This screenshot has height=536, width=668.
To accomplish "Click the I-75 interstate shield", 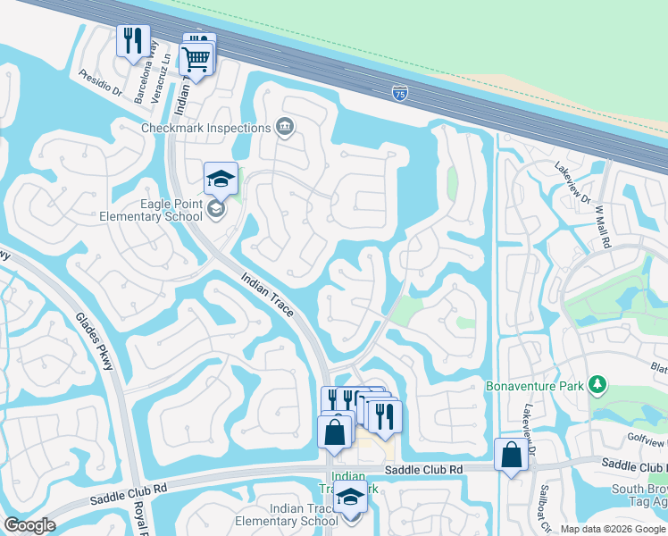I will click(401, 92).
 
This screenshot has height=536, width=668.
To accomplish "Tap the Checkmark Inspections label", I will click(205, 128).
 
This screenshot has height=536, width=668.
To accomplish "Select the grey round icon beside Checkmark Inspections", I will click(285, 127).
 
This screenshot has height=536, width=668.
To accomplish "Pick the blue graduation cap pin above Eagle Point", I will click(221, 179).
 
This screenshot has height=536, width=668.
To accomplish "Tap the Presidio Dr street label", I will click(100, 83).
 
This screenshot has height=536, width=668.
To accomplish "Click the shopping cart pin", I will click(196, 60).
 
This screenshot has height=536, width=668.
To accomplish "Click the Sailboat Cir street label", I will click(544, 508).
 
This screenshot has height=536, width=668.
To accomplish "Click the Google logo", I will click(29, 525).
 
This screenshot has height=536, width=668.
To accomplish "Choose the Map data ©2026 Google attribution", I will click(612, 529).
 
